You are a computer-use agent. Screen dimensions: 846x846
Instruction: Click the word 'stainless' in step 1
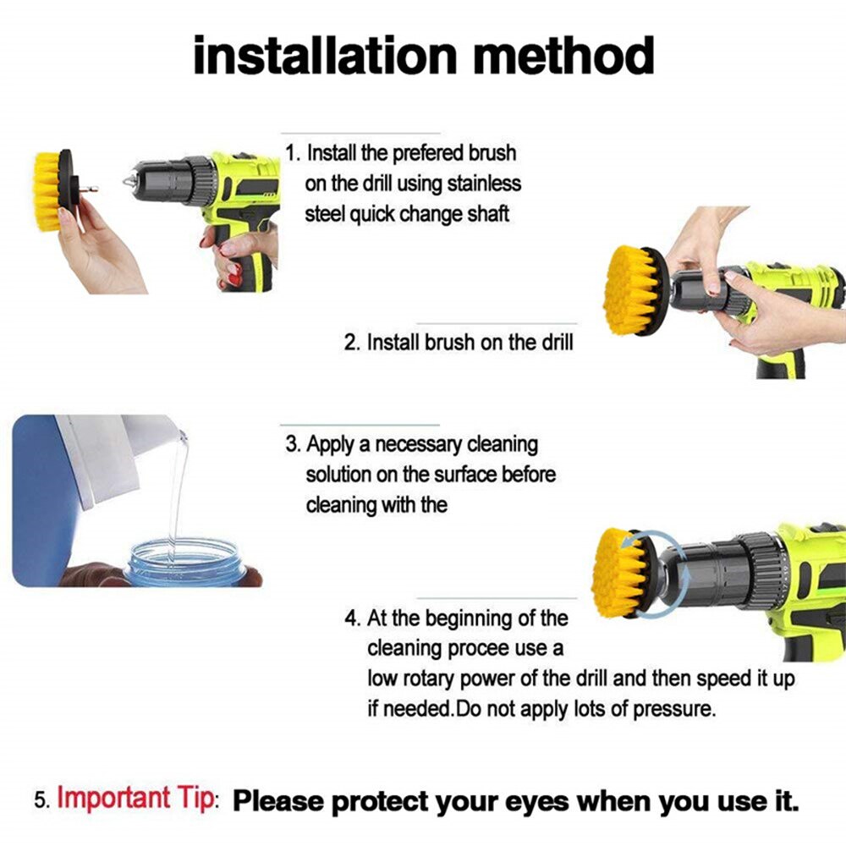(485, 184)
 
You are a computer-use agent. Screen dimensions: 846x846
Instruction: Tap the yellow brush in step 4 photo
(621, 572)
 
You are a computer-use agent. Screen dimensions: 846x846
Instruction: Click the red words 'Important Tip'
(135, 798)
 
